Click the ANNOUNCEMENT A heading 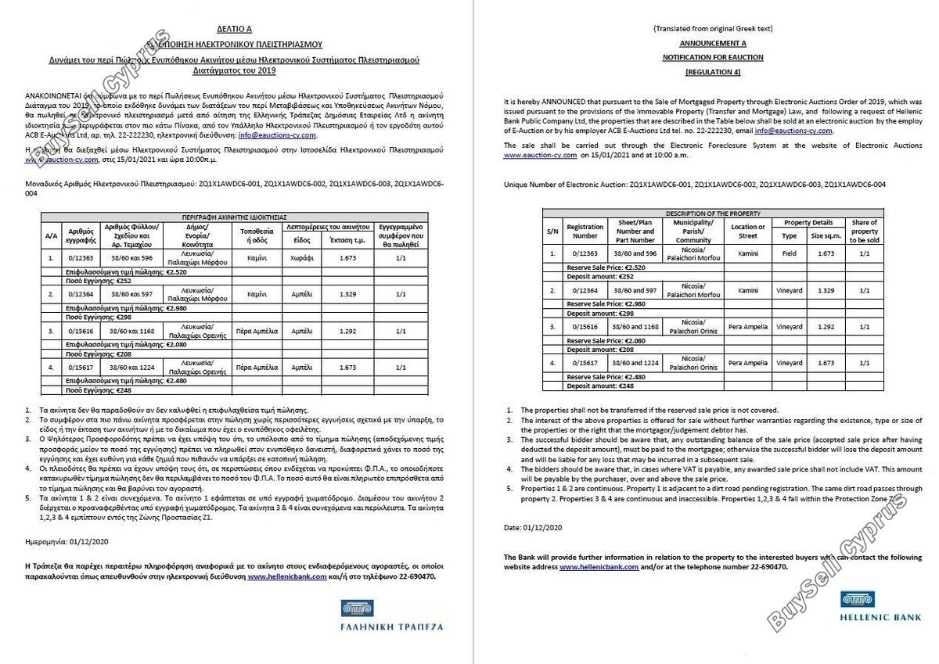713,43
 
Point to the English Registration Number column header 585,231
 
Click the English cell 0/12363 585,253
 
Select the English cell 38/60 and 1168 635,326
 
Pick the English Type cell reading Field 790,253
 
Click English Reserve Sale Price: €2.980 606,303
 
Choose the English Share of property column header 864,231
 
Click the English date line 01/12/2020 533,528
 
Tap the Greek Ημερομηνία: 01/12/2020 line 68,540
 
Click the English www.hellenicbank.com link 599,566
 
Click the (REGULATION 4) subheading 713,72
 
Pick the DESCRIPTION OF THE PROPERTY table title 713,213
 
